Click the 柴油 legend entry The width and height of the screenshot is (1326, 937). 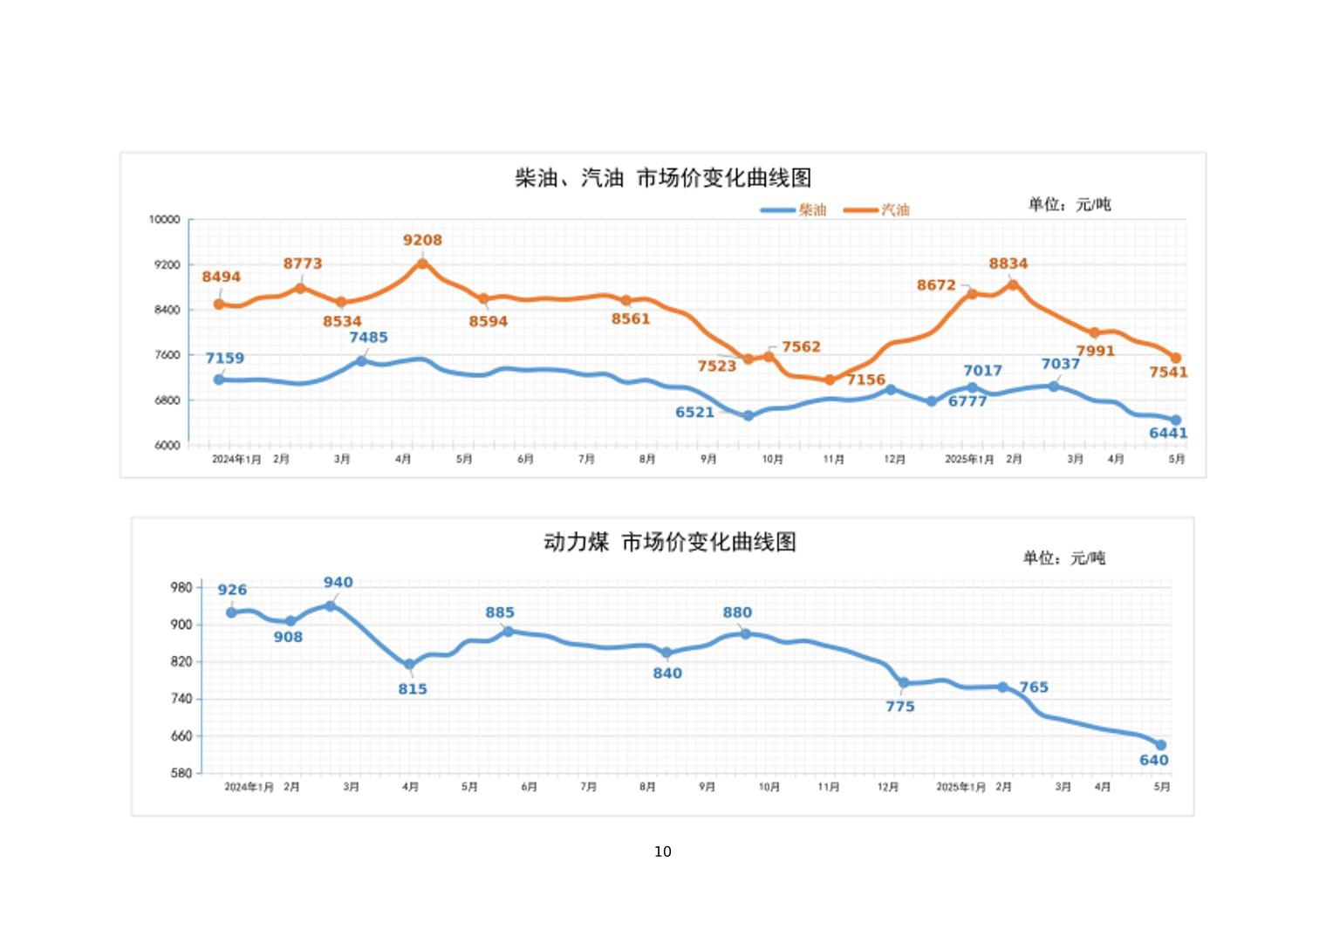pyautogui.click(x=794, y=209)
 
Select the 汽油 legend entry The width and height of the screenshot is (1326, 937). pyautogui.click(x=878, y=209)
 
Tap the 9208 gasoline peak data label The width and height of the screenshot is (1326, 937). pyautogui.click(x=422, y=240)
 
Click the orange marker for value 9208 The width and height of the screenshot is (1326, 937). pyautogui.click(x=422, y=263)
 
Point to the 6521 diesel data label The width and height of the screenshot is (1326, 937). pyautogui.click(x=694, y=412)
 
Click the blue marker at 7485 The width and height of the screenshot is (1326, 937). pyautogui.click(x=361, y=360)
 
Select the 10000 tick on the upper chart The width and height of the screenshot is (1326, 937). pyautogui.click(x=164, y=220)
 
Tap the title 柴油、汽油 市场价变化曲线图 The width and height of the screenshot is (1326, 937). pyautogui.click(x=663, y=178)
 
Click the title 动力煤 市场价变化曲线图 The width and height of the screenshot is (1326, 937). pyautogui.click(x=669, y=542)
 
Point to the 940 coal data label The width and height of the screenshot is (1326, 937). pyautogui.click(x=338, y=582)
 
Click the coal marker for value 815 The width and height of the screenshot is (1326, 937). pyautogui.click(x=409, y=665)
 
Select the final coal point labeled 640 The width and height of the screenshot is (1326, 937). pyautogui.click(x=1161, y=745)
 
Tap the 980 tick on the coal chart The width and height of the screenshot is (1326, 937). pyautogui.click(x=181, y=587)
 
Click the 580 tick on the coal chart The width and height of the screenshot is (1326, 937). pyautogui.click(x=181, y=773)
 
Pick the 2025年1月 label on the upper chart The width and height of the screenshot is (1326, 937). pyautogui.click(x=969, y=459)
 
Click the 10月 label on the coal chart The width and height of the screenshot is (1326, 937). pyautogui.click(x=769, y=787)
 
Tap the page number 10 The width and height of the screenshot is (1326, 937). pyautogui.click(x=663, y=852)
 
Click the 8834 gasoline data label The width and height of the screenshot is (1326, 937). pyautogui.click(x=1008, y=263)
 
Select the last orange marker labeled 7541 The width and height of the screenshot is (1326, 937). pyautogui.click(x=1176, y=358)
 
